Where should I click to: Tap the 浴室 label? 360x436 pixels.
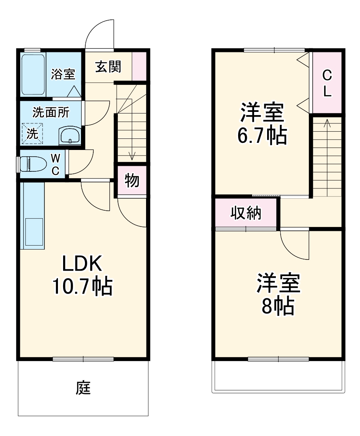point(63,74)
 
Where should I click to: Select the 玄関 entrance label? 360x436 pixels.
point(108,67)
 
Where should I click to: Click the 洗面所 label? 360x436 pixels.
point(50,113)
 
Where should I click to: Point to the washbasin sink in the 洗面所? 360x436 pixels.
point(70,136)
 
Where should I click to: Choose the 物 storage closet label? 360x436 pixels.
point(132,181)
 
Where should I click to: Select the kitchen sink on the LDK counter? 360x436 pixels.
point(33,232)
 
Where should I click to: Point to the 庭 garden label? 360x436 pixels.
point(83,388)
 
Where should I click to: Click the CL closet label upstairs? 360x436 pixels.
point(327,83)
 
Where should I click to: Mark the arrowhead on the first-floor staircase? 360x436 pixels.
point(132,156)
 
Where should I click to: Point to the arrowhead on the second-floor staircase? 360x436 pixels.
point(327,122)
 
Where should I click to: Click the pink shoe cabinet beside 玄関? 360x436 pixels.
point(139,66)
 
